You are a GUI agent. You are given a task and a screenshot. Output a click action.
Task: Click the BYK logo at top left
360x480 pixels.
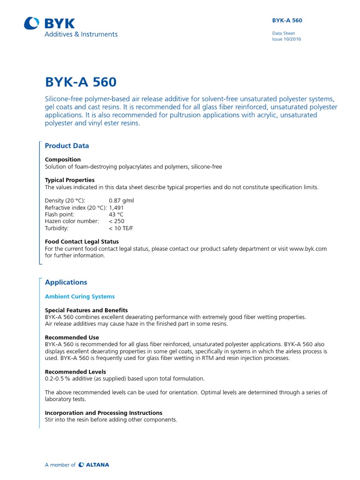[x=49, y=23]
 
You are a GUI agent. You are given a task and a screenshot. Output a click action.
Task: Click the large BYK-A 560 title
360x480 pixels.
[x=80, y=82]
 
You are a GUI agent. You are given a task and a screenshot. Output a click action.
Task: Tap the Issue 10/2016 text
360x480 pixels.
[x=286, y=39]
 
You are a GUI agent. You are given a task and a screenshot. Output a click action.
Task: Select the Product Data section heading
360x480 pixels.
[x=67, y=146]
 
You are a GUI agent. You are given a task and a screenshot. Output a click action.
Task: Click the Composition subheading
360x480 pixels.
[x=63, y=159]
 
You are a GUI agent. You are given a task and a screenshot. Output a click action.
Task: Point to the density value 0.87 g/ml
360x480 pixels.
[x=121, y=200]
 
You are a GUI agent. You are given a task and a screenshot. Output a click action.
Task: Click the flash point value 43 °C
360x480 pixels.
[x=116, y=214]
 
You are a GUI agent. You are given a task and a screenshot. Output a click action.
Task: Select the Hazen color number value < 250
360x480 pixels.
[x=117, y=221]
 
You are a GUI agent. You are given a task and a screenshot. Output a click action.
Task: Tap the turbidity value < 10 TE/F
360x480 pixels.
[x=121, y=228]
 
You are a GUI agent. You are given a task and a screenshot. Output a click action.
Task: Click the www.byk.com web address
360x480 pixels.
[x=308, y=249]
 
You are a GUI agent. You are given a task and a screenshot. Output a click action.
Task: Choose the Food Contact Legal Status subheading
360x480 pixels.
[x=82, y=242]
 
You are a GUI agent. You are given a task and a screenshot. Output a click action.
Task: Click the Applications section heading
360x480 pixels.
[x=66, y=282]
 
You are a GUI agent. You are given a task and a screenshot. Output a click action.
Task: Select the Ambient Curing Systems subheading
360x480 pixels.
[x=80, y=297]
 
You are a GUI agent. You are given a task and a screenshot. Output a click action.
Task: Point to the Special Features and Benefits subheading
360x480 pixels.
[x=86, y=310]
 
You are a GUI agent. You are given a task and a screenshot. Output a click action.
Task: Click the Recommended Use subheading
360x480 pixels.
[x=72, y=337]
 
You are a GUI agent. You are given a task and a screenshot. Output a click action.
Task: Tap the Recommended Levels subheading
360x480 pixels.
[x=75, y=372]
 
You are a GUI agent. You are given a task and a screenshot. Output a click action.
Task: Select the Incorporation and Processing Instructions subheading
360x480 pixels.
[x=104, y=413]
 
